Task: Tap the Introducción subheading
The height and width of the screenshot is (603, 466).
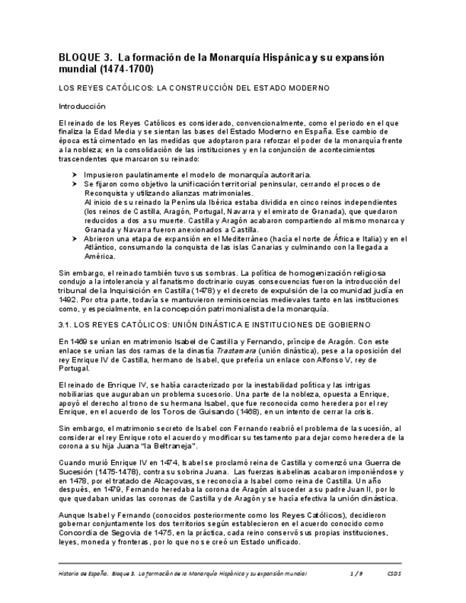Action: (x=81, y=106)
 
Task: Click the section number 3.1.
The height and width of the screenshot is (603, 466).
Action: (x=66, y=324)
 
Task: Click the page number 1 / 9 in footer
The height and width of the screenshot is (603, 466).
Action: (x=356, y=573)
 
